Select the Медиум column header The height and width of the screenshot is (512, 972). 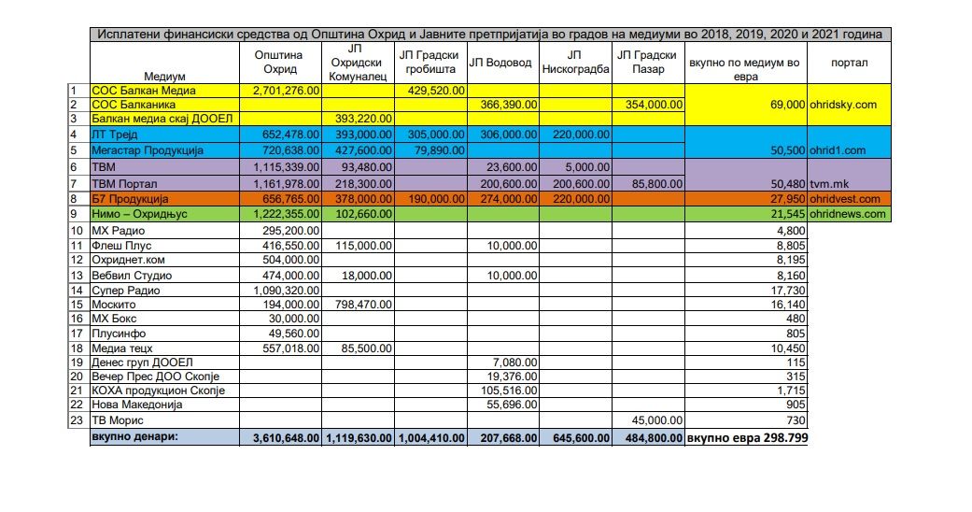pyautogui.click(x=165, y=76)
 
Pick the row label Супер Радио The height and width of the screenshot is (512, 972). pyautogui.click(x=122, y=291)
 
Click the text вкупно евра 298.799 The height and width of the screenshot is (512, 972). pyautogui.click(x=747, y=437)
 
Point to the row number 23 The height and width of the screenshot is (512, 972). pyautogui.click(x=77, y=420)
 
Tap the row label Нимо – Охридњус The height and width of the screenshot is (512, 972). pyautogui.click(x=140, y=214)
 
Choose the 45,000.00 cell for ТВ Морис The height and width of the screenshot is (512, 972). pyautogui.click(x=652, y=420)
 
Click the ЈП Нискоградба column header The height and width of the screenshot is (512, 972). pyautogui.click(x=575, y=63)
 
